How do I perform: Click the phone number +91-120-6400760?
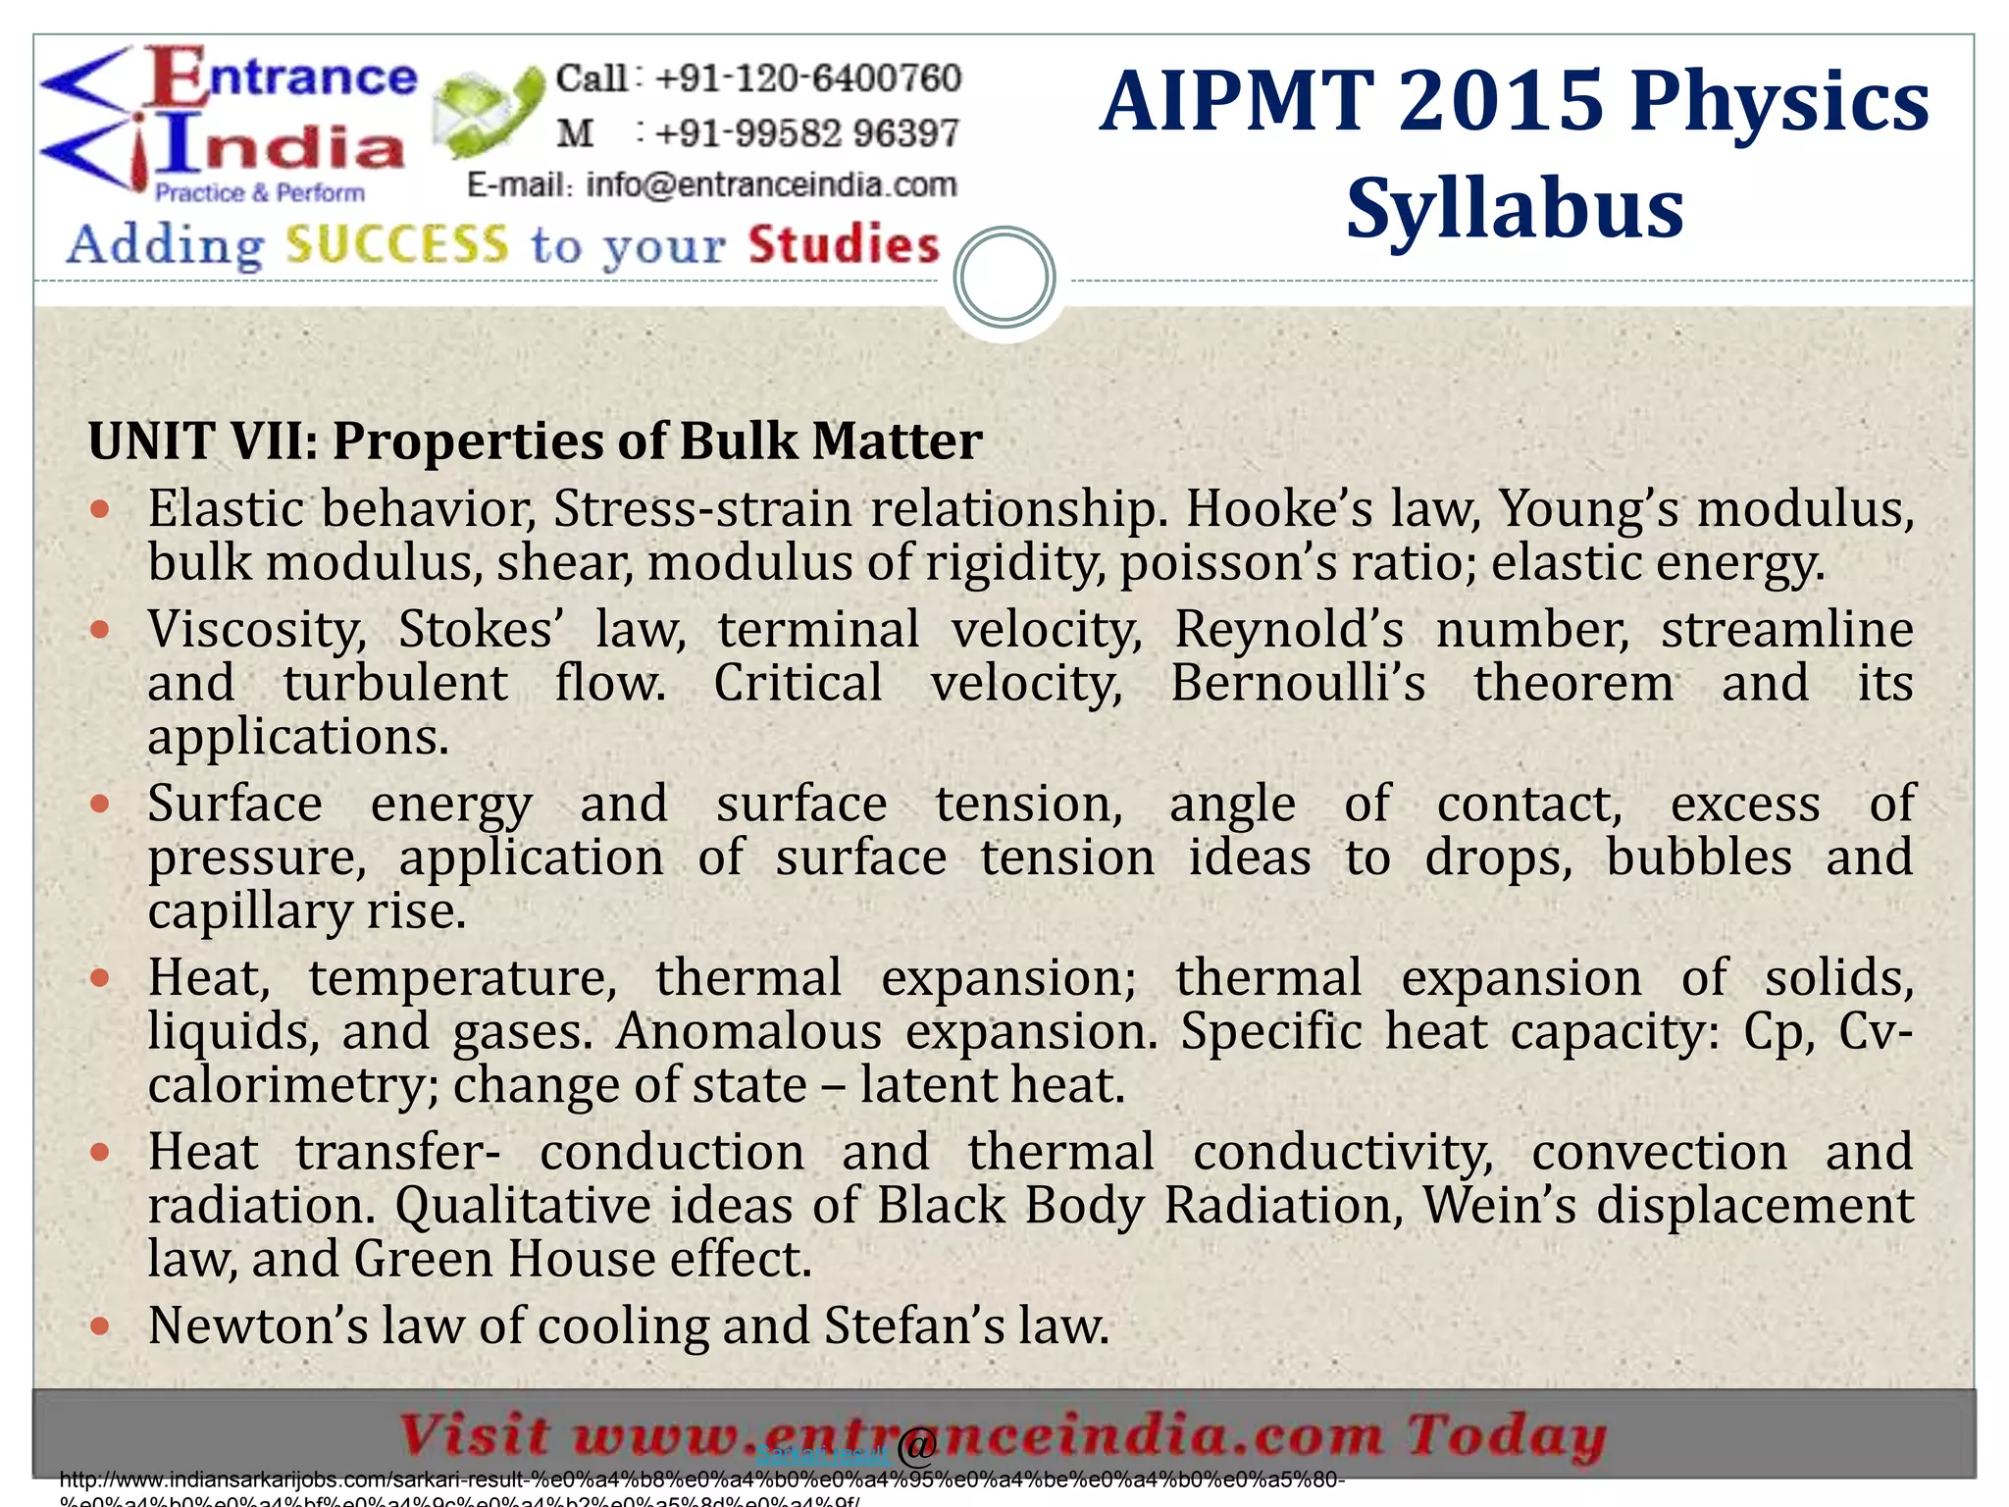(807, 78)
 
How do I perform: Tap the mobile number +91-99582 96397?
(806, 132)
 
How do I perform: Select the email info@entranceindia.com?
(771, 184)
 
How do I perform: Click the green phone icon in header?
(489, 114)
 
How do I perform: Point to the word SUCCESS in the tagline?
(397, 244)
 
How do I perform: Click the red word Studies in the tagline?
(844, 244)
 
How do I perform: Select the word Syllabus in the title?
(1515, 208)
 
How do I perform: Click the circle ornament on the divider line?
(1004, 278)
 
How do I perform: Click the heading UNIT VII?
(201, 441)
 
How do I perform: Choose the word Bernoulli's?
(1298, 683)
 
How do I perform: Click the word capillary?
(248, 910)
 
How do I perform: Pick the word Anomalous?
(747, 1031)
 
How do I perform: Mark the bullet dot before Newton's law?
(99, 1326)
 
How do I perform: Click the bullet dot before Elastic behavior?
(99, 509)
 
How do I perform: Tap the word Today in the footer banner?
(1506, 1436)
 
